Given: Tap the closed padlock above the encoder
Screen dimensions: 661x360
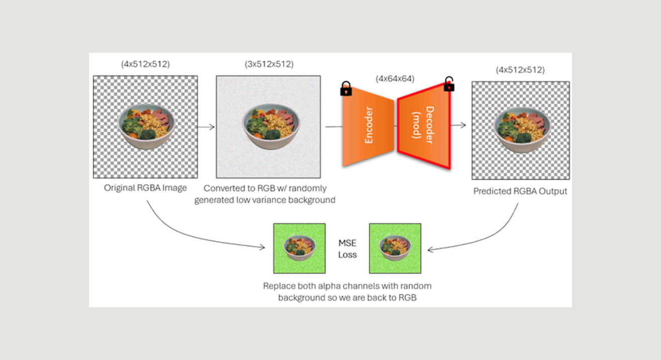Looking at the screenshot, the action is [346, 88].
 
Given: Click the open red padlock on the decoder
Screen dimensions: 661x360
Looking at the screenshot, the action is [449, 84].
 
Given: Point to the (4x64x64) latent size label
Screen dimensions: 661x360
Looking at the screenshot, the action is [395, 79].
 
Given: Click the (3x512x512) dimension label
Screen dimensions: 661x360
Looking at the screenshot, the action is [269, 64].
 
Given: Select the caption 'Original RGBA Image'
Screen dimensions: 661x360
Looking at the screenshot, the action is [145, 188].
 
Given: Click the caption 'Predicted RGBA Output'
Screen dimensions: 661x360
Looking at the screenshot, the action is [520, 191].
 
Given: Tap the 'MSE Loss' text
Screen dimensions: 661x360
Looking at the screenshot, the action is [347, 248].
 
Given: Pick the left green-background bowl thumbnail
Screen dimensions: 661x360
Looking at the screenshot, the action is [299, 248].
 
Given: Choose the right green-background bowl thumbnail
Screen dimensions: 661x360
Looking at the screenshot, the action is [395, 248].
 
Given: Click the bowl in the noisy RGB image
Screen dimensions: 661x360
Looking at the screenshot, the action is [271, 126].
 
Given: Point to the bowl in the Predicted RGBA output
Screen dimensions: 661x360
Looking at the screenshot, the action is [522, 130].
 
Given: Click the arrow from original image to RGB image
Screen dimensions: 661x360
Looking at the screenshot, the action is [206, 127].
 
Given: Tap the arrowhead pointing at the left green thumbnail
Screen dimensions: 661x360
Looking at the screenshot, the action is [262, 247].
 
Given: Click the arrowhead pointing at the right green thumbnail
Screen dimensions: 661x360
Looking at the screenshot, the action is [430, 250].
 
